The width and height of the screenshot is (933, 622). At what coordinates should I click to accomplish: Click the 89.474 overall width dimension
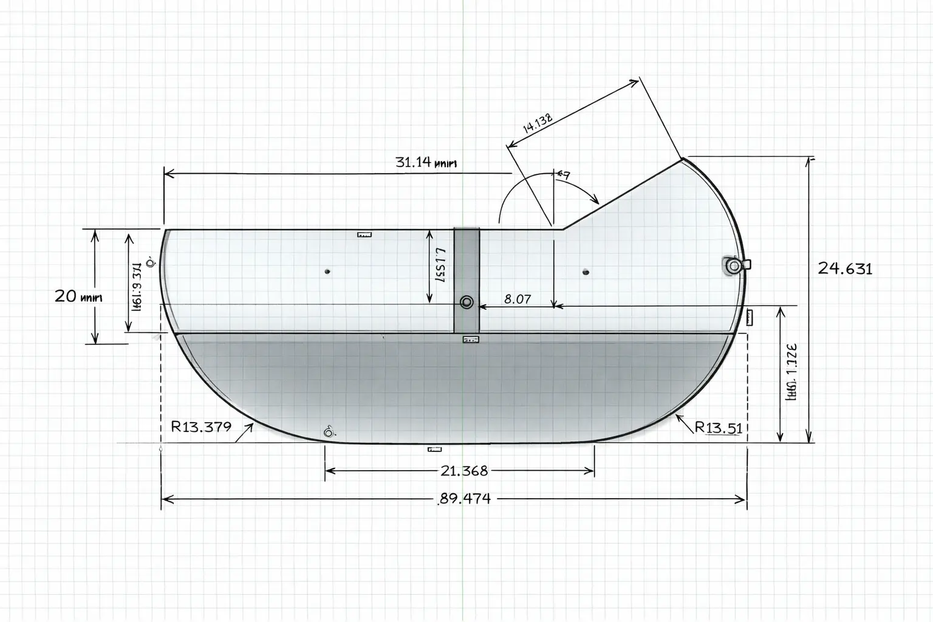click(x=465, y=499)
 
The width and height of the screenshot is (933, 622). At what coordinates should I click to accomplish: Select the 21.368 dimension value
click(x=464, y=471)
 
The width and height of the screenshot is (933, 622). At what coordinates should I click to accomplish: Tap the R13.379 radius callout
click(x=201, y=426)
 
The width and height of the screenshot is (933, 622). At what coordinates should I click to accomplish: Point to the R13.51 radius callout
click(x=719, y=428)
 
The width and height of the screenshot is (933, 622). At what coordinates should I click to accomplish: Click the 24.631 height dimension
click(x=845, y=268)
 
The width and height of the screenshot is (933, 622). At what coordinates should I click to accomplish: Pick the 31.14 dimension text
click(x=425, y=163)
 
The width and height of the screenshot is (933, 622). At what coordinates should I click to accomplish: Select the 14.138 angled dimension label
click(x=538, y=123)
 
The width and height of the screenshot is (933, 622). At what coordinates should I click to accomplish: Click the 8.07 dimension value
click(x=518, y=299)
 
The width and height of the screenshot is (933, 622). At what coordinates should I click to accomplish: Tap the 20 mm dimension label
click(x=78, y=297)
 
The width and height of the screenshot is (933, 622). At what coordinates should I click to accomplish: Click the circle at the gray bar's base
click(x=466, y=302)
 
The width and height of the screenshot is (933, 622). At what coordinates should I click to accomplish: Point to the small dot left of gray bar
click(x=327, y=271)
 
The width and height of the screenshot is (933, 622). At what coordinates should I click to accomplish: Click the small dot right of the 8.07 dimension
click(x=586, y=272)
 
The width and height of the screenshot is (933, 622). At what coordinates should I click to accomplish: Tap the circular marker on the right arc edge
click(x=733, y=265)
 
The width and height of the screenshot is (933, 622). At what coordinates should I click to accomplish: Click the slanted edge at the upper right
click(x=623, y=194)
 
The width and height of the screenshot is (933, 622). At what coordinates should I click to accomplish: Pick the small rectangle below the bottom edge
click(x=434, y=449)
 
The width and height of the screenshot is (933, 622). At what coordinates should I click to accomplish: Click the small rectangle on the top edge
click(x=364, y=234)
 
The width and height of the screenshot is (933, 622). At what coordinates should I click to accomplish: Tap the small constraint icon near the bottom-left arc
click(x=329, y=432)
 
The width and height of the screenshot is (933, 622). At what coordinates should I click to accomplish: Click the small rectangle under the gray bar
click(x=470, y=340)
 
